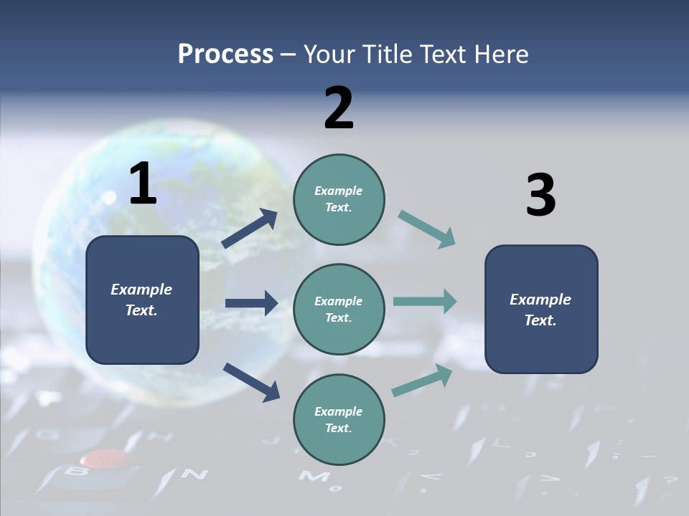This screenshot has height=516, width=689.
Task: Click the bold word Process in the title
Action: click(x=225, y=54)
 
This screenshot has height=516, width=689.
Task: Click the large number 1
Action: click(x=143, y=184)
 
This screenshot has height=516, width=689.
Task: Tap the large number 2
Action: click(x=339, y=108)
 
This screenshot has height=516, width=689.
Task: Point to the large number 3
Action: click(x=540, y=196)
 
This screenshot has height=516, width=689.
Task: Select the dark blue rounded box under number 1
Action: click(x=142, y=300)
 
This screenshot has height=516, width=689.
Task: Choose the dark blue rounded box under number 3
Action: click(x=541, y=309)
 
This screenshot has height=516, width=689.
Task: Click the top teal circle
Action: click(x=339, y=199)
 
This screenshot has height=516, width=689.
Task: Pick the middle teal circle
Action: click(x=339, y=309)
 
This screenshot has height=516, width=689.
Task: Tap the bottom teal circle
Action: click(x=339, y=419)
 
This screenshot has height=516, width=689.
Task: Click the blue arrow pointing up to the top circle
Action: click(x=249, y=229)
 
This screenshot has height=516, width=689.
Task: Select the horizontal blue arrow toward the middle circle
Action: click(x=251, y=303)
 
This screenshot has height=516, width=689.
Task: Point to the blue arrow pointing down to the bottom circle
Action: click(x=250, y=382)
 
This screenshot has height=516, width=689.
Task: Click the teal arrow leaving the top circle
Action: click(x=426, y=229)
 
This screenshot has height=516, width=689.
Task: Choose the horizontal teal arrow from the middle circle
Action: click(x=424, y=302)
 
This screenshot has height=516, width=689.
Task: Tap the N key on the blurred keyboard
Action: click(x=194, y=474)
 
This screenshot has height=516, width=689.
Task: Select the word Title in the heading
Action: click(x=387, y=54)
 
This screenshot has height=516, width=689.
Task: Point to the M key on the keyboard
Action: click(x=314, y=477)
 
